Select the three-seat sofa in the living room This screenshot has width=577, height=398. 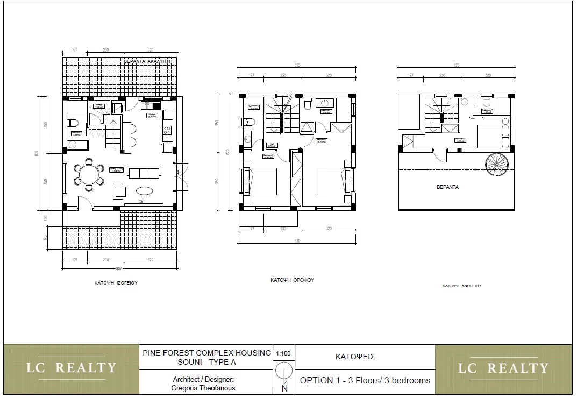click(144, 173)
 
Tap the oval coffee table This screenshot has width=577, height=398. click(144, 190)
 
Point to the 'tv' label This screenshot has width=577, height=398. click(141, 202)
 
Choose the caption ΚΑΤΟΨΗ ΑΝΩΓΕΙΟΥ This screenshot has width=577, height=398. click(461, 286)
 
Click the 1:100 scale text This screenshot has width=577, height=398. click(284, 353)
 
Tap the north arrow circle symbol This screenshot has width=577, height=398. click(284, 372)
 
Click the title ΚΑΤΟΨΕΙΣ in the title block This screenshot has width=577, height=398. click(355, 357)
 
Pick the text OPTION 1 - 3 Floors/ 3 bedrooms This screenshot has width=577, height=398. click(365, 380)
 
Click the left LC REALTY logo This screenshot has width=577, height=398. click(72, 368)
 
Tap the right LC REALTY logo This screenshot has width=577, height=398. click(503, 368)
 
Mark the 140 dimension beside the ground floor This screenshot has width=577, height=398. click(46, 237)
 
